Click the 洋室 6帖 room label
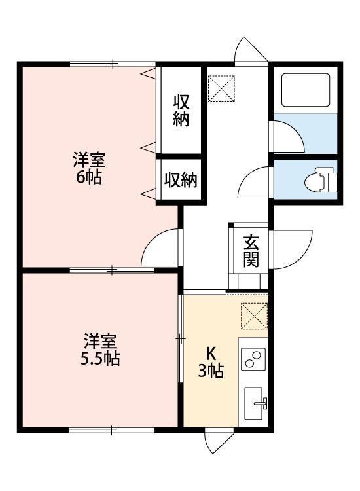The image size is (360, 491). (x=88, y=168)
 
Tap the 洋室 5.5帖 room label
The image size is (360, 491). (x=100, y=350)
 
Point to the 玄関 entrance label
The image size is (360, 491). (x=251, y=251)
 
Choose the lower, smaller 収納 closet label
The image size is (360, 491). (x=181, y=180)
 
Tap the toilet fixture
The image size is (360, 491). (x=319, y=179)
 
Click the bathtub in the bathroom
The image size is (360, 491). (x=306, y=90)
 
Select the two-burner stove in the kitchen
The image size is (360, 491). (x=253, y=359)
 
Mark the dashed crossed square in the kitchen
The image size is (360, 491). (x=254, y=316)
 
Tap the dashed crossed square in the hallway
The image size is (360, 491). (x=221, y=88)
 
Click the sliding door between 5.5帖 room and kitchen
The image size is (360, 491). (x=181, y=338)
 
